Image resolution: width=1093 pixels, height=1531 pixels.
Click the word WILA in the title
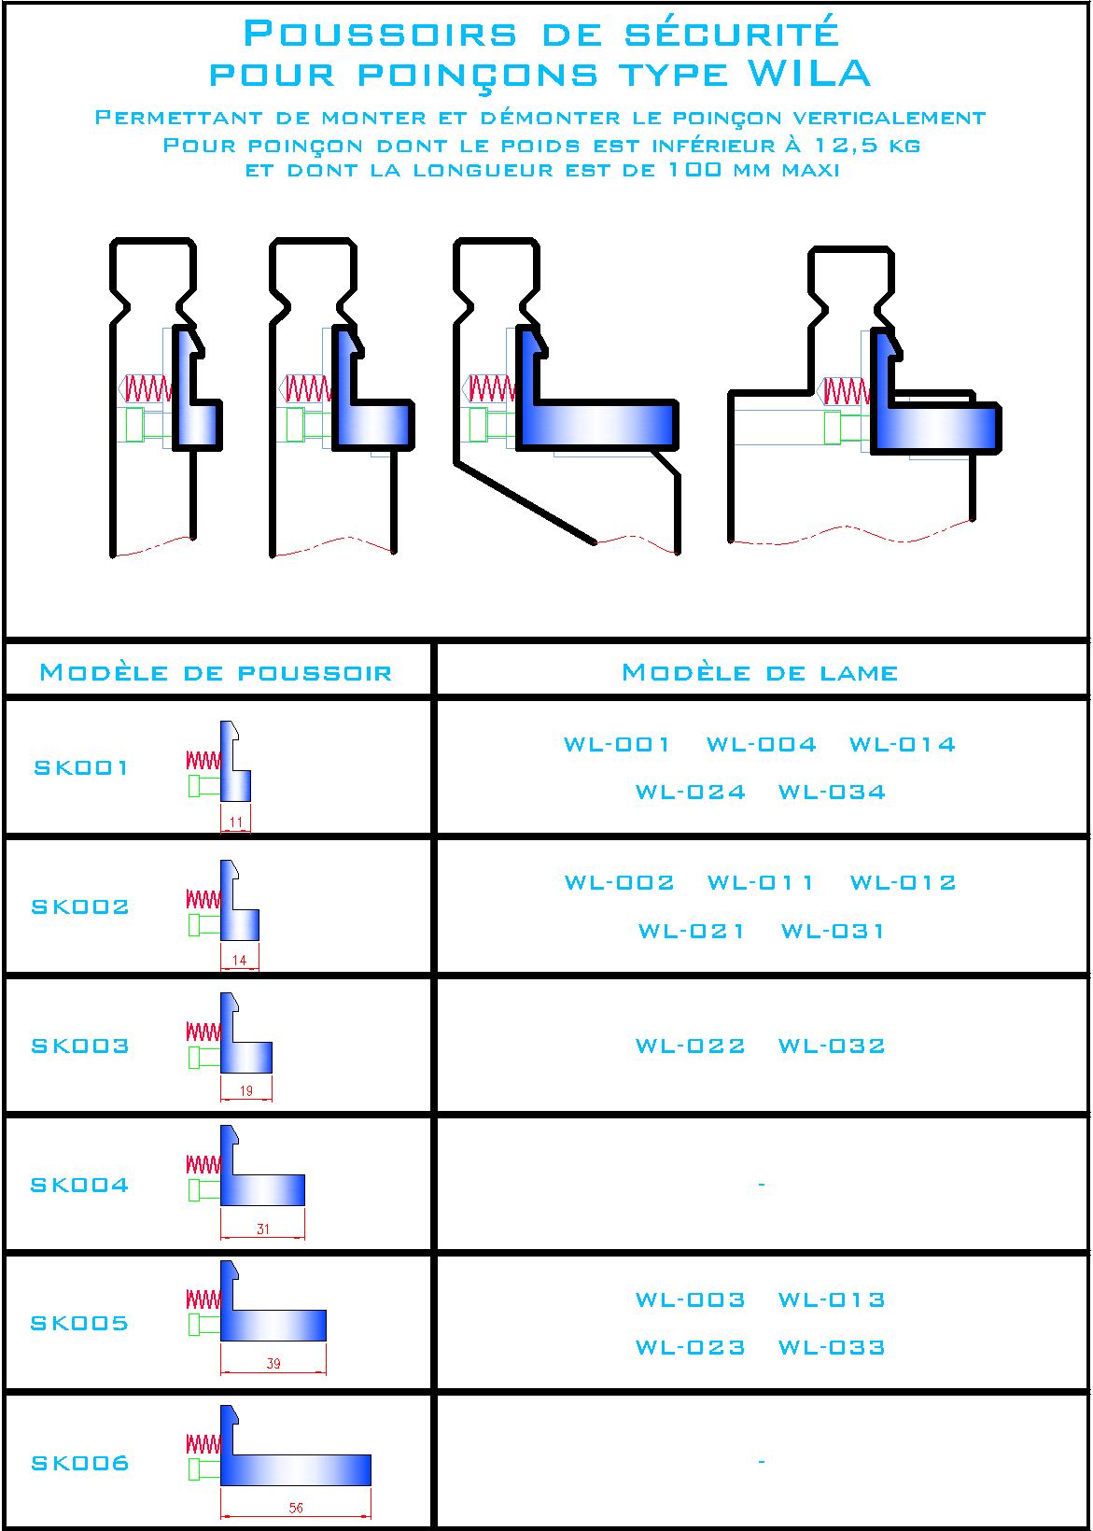[x=809, y=74]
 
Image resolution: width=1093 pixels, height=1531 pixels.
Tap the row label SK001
[x=80, y=768]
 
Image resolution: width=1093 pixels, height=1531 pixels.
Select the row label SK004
[x=79, y=1186]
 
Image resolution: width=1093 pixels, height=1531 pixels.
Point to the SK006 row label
[x=80, y=1464]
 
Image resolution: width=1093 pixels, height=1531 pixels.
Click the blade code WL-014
[x=903, y=744]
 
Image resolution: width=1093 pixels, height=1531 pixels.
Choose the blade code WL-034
[x=832, y=793]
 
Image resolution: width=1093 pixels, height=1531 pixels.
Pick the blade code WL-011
[x=760, y=883]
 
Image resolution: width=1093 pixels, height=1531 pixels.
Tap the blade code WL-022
[x=690, y=1046]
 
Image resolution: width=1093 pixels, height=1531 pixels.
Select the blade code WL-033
[x=832, y=1347]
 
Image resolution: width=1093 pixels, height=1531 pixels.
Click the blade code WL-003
[x=690, y=1299]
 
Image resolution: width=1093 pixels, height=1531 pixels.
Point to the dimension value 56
[x=296, y=1507]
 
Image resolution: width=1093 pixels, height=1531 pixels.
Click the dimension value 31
[x=263, y=1229]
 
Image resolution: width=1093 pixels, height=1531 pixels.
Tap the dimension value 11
[x=236, y=822]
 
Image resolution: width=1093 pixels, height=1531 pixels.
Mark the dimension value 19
[x=246, y=1090]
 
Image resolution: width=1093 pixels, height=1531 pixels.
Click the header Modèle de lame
[x=760, y=672]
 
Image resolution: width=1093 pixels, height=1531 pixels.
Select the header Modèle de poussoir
[x=216, y=672]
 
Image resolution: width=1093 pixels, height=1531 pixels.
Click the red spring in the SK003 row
[x=203, y=1032]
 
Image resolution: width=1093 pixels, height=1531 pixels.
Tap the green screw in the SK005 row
[x=204, y=1326]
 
